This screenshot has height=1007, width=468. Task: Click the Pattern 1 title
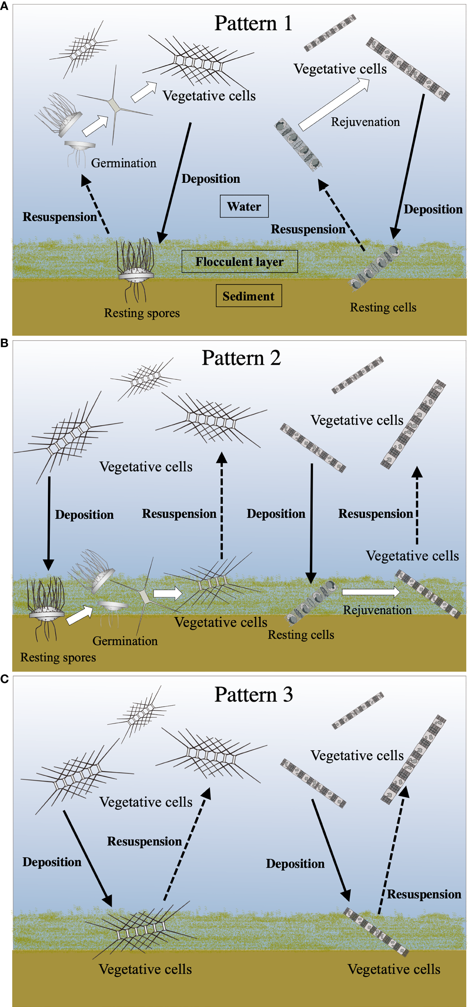(x=253, y=23)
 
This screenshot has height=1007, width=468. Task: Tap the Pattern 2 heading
(x=241, y=358)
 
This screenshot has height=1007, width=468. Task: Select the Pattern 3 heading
(x=253, y=694)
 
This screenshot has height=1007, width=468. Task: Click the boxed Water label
(x=244, y=206)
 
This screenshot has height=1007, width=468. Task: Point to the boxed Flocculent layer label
(x=240, y=261)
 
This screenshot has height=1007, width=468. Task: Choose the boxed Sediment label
(x=249, y=296)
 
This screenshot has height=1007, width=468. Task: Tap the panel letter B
(x=4, y=343)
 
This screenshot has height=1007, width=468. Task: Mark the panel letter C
(x=4, y=679)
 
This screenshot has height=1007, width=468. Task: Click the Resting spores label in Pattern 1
(x=142, y=313)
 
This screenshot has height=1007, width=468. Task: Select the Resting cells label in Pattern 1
(x=383, y=307)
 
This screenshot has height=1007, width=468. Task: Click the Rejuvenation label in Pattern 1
(x=365, y=122)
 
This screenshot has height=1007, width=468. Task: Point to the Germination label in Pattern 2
(x=125, y=641)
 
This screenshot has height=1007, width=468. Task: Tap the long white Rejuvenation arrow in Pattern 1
(x=334, y=104)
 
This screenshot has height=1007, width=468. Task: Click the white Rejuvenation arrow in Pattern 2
(x=371, y=592)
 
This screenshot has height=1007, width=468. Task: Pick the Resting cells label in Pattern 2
(x=301, y=635)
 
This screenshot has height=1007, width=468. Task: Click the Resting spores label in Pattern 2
(x=58, y=657)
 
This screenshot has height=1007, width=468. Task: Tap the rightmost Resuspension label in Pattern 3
(x=424, y=894)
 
